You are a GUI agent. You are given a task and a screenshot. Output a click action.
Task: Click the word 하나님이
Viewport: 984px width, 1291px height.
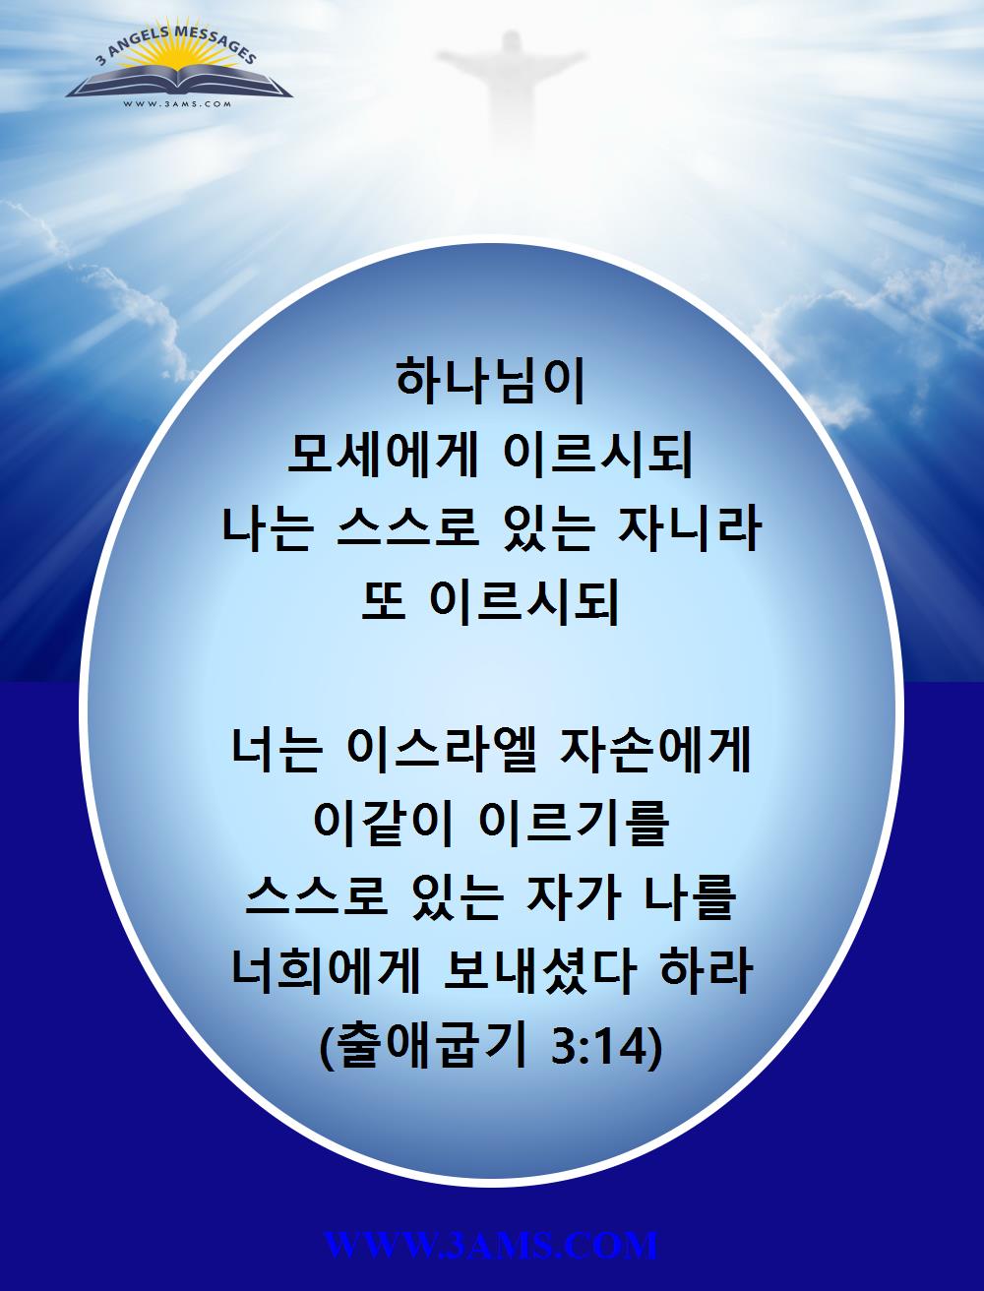[x=491, y=383]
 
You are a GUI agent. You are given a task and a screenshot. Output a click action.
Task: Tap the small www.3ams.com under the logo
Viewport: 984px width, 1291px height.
[x=177, y=104]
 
